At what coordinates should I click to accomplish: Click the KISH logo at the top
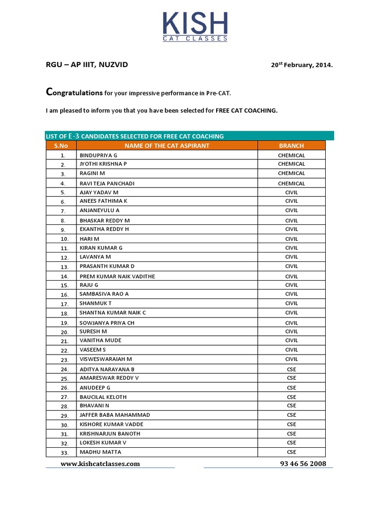coord(195,26)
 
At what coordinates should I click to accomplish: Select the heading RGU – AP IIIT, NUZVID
coord(87,65)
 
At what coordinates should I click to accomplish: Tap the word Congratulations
coord(74,92)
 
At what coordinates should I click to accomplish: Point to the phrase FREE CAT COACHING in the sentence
coord(246,110)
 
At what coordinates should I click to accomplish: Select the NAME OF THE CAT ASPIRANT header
coord(167,145)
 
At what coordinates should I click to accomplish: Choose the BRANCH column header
coord(291,145)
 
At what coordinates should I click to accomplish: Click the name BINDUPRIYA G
coord(99,155)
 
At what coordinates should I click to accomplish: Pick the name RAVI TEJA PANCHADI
coord(107,183)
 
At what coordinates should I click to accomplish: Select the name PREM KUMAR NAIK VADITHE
coord(117,276)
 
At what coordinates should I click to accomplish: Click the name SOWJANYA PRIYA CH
coord(107,323)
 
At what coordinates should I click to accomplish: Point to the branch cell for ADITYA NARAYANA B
coord(291,369)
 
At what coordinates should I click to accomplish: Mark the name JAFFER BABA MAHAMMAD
coord(115,415)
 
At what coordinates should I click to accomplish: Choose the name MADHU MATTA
coord(101,452)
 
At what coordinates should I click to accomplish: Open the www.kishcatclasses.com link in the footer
coord(100,464)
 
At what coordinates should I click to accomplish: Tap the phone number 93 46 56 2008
coord(303,464)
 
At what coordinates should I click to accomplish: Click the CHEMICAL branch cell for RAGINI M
coord(291,173)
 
